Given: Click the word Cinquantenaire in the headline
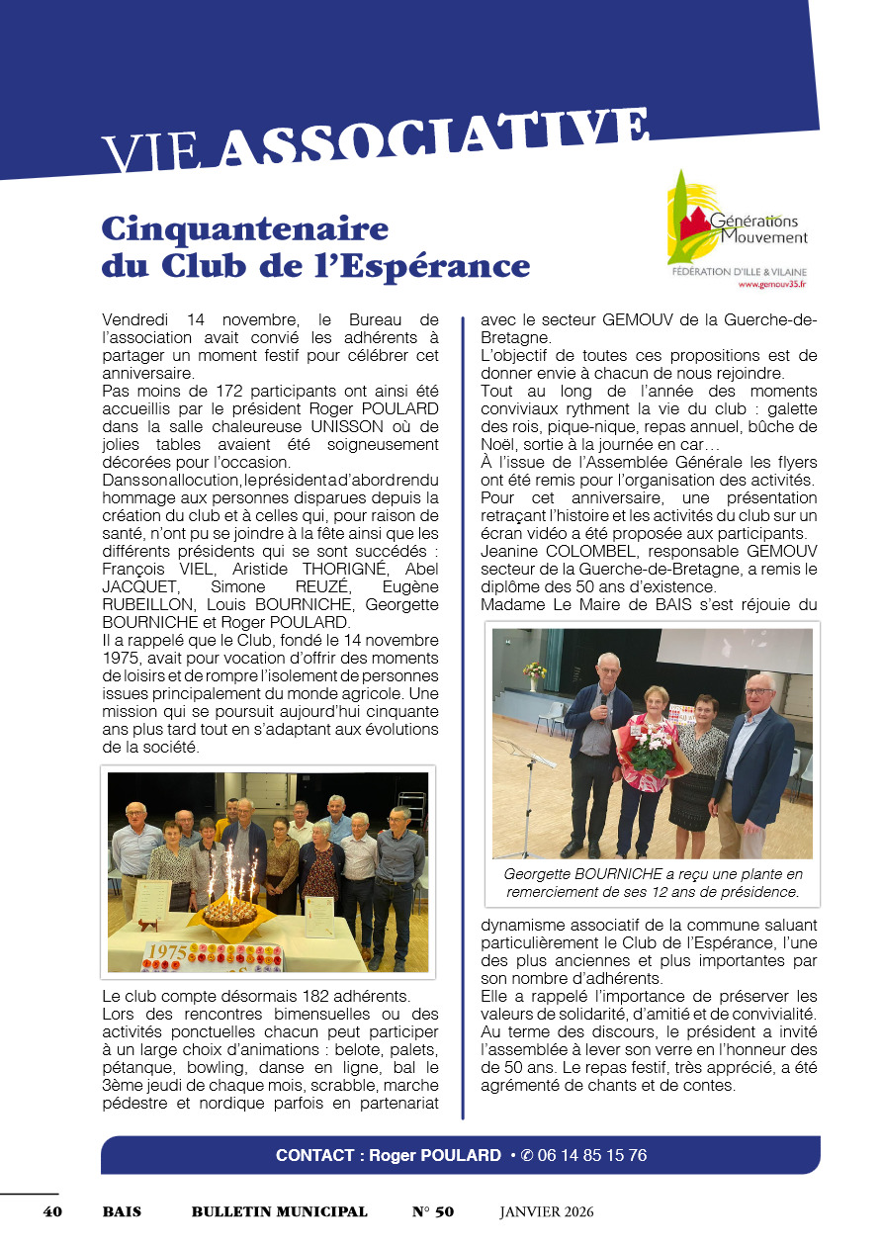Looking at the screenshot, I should [245, 229].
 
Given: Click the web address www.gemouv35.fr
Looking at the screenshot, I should [772, 285].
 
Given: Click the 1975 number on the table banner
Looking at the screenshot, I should [166, 954].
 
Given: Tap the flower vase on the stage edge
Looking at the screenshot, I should [535, 672].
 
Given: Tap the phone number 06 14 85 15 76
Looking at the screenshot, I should [592, 1155].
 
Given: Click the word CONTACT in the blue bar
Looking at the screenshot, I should [314, 1155].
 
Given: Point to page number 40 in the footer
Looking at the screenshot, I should [52, 1211].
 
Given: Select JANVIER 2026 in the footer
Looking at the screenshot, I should [547, 1211].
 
